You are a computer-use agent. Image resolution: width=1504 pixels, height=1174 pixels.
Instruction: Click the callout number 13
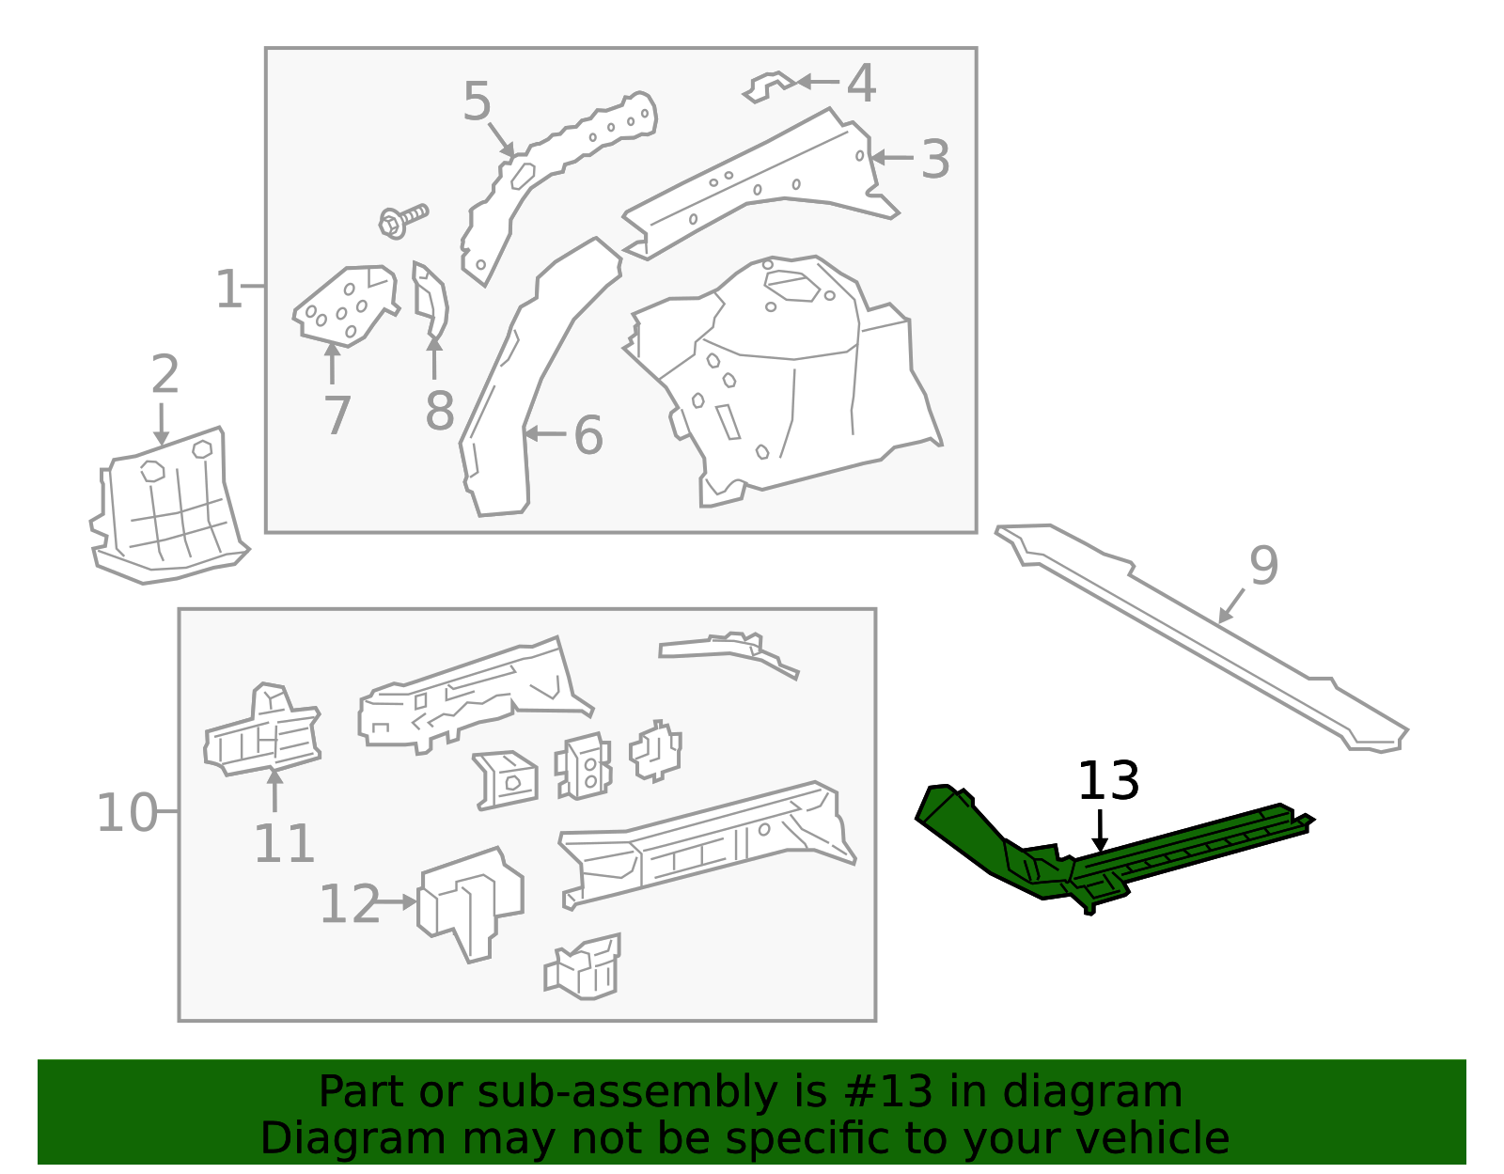pos(1108,782)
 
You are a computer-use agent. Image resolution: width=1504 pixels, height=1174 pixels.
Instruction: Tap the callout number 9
pos(1263,566)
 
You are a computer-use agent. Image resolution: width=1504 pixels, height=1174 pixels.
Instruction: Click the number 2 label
pos(164,375)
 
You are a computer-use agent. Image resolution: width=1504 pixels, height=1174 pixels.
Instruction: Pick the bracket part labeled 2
pos(169,508)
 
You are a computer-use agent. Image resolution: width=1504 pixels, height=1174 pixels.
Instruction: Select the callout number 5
pos(477,102)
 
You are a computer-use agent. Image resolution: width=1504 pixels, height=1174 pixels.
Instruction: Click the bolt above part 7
pos(402,219)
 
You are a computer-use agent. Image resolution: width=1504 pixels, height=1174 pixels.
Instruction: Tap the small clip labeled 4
pos(771,86)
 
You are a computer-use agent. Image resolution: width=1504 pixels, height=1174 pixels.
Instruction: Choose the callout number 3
pos(934,160)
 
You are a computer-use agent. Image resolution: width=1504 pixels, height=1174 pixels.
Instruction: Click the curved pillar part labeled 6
pos(526,376)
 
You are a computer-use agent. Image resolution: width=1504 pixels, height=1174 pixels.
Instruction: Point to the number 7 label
pos(337,415)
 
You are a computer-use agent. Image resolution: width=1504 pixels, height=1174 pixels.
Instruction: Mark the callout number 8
pos(439,411)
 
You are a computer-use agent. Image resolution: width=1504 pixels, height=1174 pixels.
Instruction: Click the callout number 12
pos(349,904)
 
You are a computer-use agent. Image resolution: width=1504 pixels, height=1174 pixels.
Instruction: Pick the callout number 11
pos(284,843)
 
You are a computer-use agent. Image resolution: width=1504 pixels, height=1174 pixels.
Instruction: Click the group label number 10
pos(127,813)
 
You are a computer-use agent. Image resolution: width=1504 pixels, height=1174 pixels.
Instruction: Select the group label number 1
pos(228,289)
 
